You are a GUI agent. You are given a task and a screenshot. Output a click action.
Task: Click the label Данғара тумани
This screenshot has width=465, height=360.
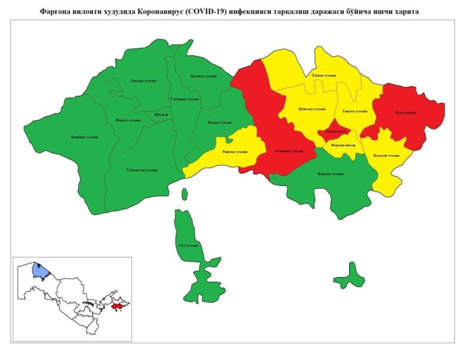click(144, 81)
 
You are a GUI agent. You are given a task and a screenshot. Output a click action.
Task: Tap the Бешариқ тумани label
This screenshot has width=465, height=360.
click(84, 137)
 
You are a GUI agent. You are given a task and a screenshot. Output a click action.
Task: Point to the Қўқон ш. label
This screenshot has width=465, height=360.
click(161, 115)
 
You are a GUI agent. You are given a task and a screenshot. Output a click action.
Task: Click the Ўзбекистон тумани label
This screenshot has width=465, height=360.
click(142, 170)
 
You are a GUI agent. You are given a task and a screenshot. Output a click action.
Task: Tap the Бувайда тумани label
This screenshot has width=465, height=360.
click(203, 76)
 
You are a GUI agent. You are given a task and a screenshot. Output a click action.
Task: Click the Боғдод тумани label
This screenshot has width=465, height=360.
click(219, 122)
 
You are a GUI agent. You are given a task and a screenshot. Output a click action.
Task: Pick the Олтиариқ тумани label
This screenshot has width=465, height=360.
click(289, 151)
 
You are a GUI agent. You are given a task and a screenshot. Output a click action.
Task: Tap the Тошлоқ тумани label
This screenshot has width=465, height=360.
click(354, 111)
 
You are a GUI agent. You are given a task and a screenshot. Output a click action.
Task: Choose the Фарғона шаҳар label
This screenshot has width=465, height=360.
click(344, 145)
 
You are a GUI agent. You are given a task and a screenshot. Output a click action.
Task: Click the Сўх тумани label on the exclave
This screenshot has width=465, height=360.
click(188, 245)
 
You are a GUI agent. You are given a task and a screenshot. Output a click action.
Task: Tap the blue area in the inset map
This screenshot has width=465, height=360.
click(41, 271)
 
